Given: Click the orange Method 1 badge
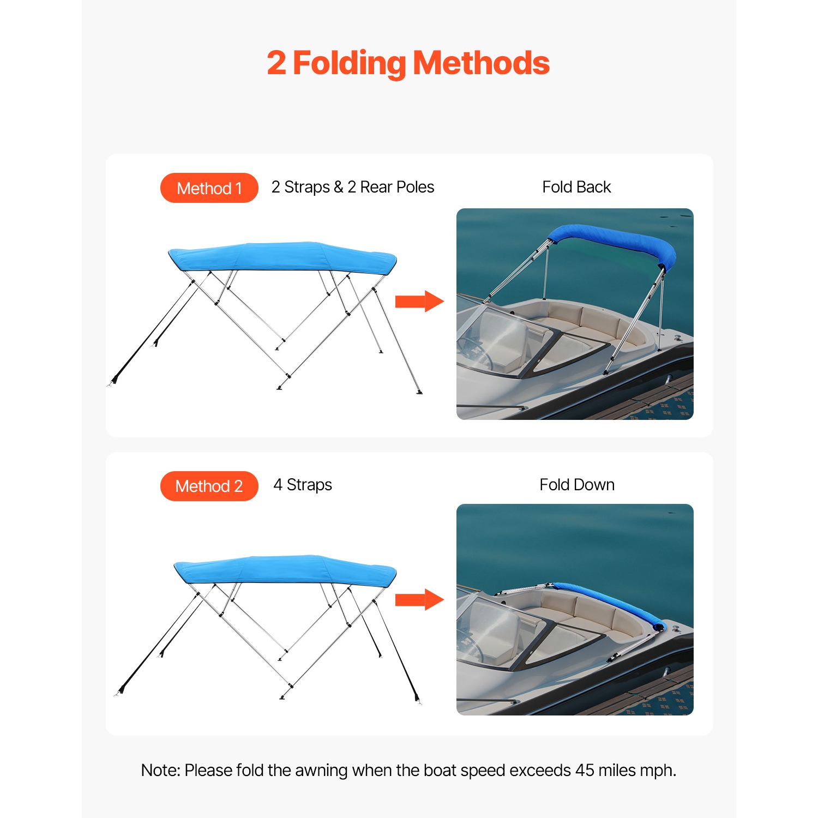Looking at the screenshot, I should click(x=209, y=188).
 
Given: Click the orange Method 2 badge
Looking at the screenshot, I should click(x=209, y=486).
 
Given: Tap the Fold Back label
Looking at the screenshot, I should click(x=576, y=187).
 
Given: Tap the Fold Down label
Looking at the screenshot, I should click(x=576, y=485).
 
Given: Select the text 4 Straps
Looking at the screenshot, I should click(x=303, y=485).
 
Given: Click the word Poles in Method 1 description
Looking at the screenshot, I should click(x=415, y=187).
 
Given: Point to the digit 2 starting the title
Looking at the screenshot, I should click(x=276, y=63).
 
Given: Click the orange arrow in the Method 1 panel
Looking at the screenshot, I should click(x=419, y=302).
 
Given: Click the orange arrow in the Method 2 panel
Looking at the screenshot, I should click(x=419, y=600).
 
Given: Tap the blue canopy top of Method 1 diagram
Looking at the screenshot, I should click(x=282, y=256).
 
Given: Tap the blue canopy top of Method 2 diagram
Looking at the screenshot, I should click(x=285, y=570).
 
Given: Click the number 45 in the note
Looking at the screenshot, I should click(x=585, y=771).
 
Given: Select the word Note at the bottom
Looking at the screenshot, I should click(x=159, y=771).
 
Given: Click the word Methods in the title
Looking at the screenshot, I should click(x=481, y=63).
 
